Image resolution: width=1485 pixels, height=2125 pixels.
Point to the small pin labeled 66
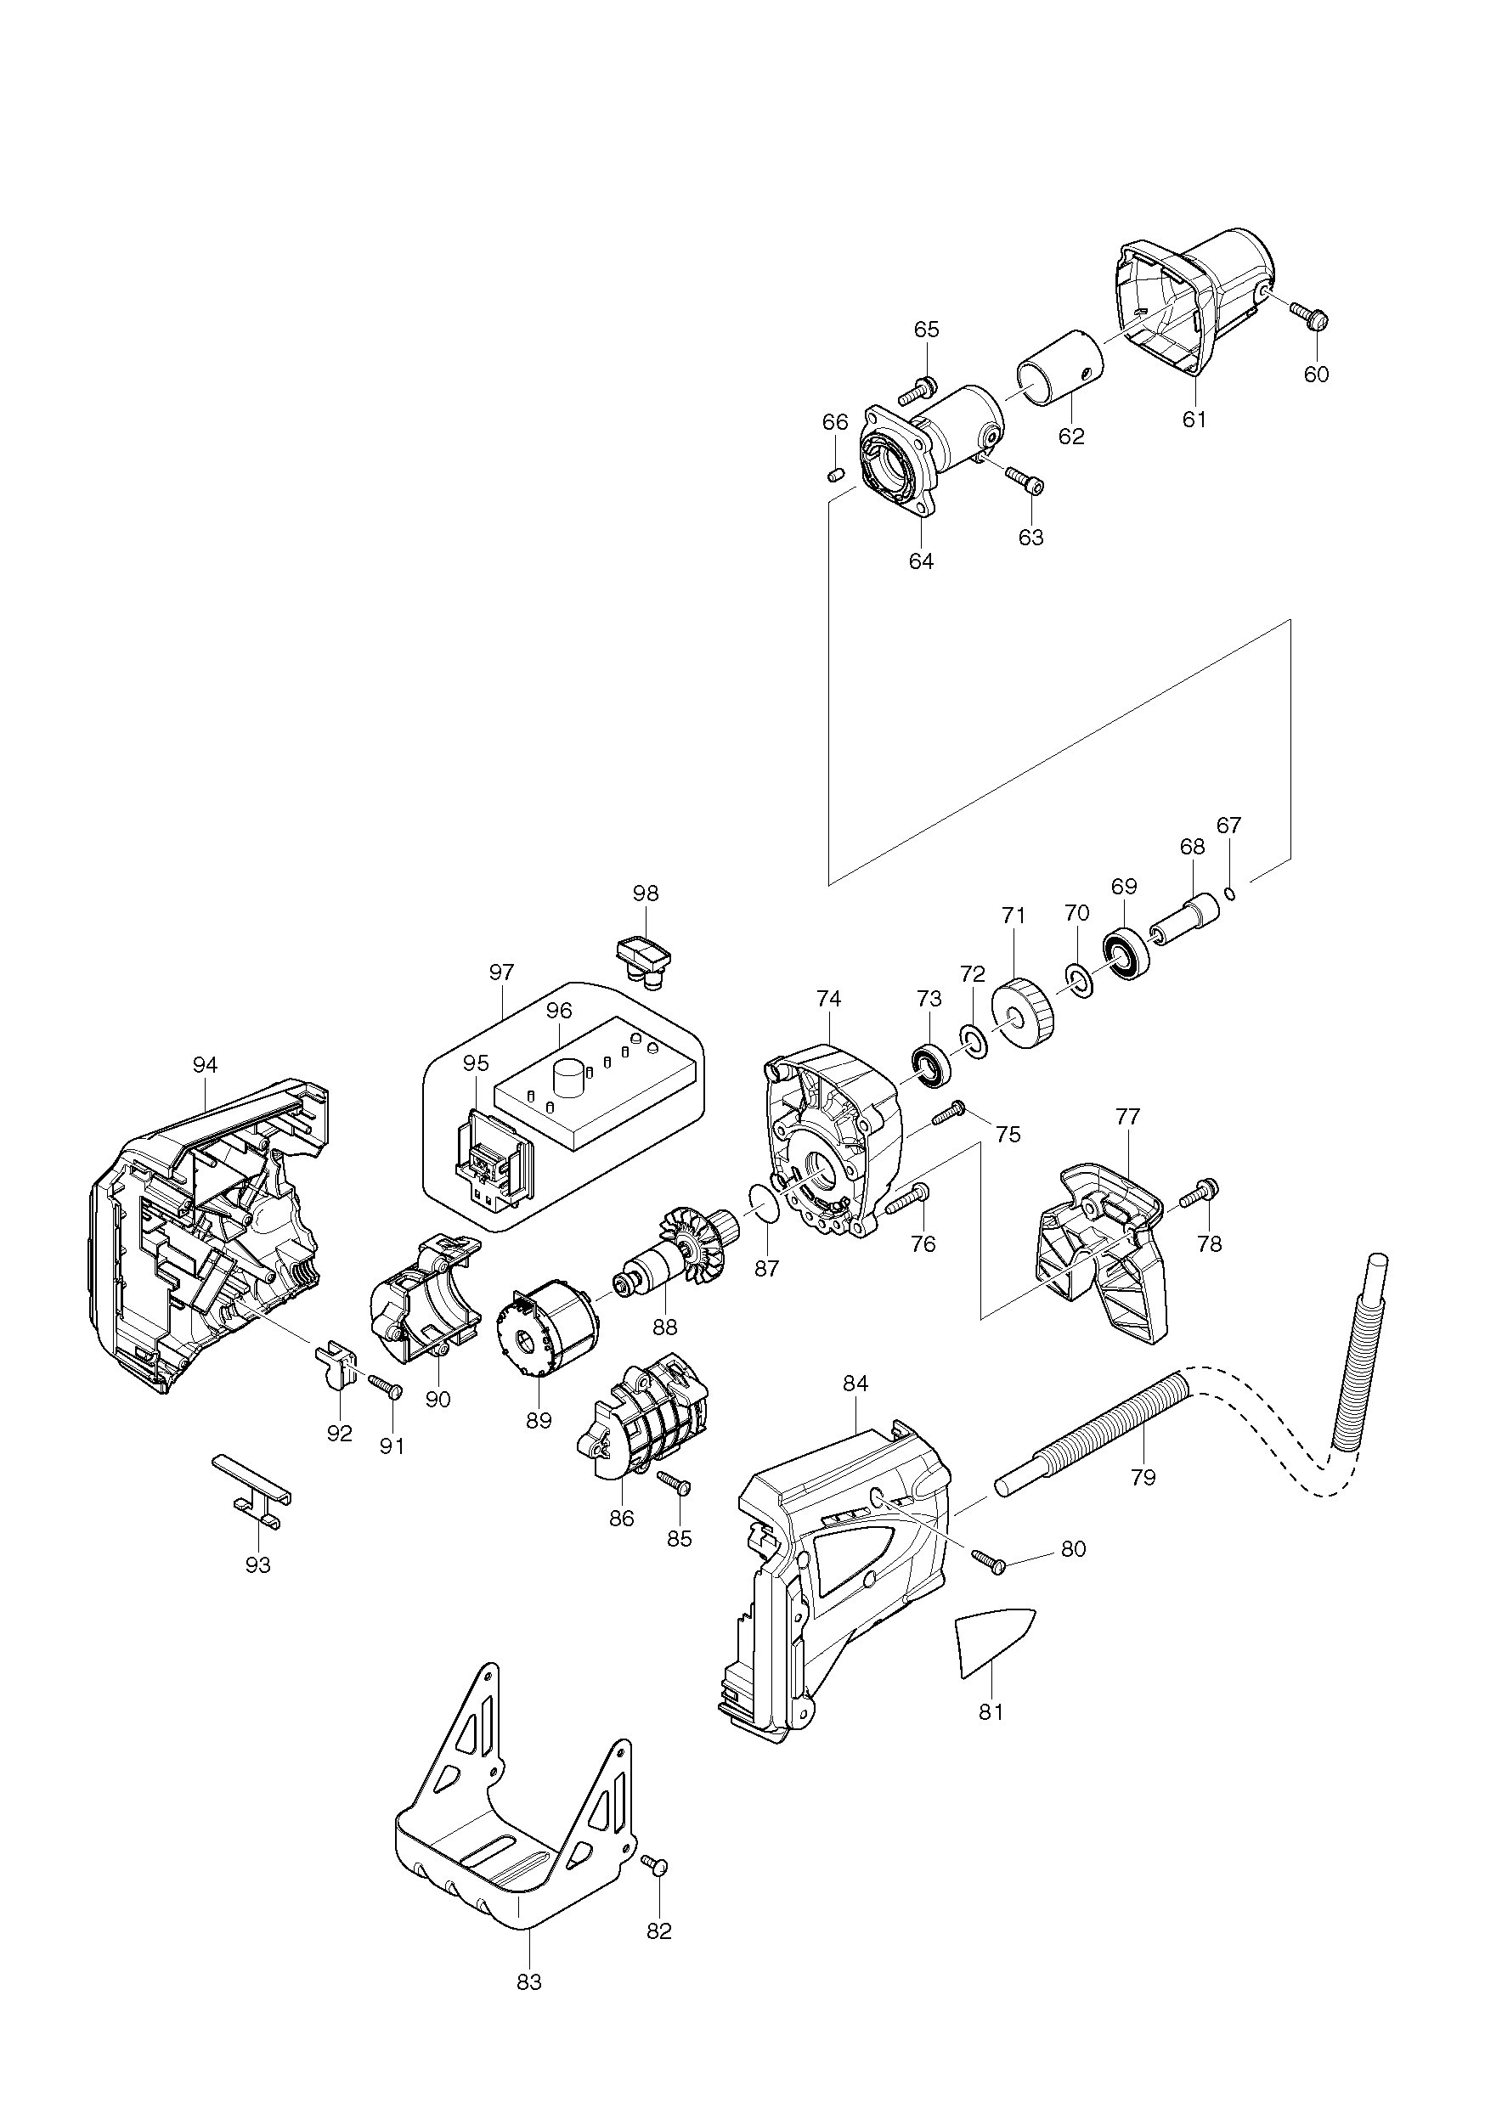point(833,476)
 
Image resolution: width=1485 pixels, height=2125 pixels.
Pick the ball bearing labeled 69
point(1125,952)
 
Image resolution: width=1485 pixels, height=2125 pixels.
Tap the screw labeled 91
point(384,1385)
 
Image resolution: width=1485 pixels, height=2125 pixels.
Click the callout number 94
point(205,1065)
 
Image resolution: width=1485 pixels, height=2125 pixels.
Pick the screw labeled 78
point(1200,1193)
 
